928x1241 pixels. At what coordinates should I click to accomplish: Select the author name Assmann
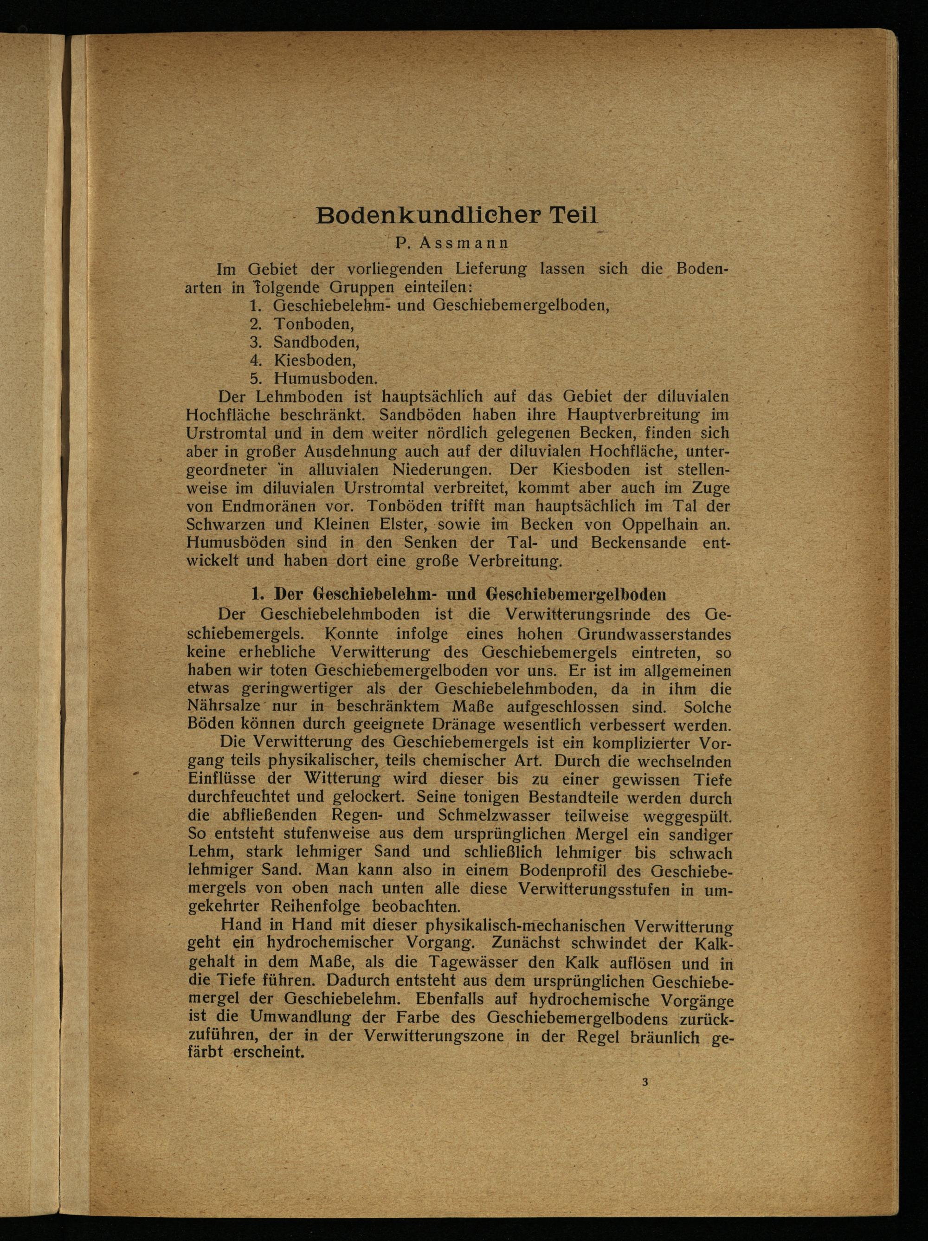[464, 244]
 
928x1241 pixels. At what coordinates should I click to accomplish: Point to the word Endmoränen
[258, 506]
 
